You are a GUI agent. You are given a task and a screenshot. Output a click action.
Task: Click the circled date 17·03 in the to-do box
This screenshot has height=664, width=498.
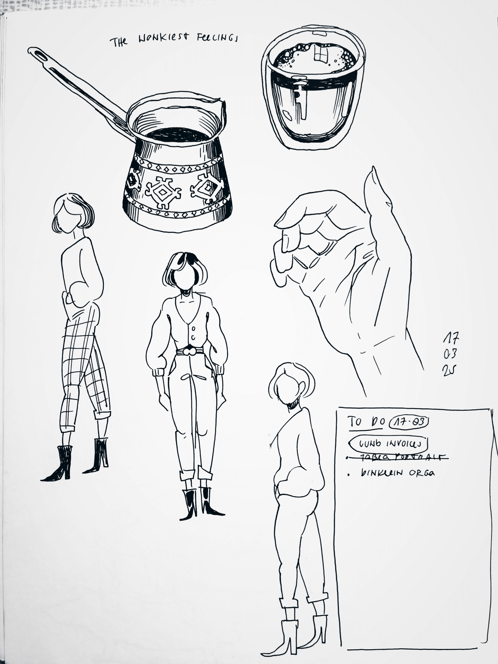coord(408,422)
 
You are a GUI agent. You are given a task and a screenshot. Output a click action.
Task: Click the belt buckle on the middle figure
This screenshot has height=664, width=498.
coord(189,351)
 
